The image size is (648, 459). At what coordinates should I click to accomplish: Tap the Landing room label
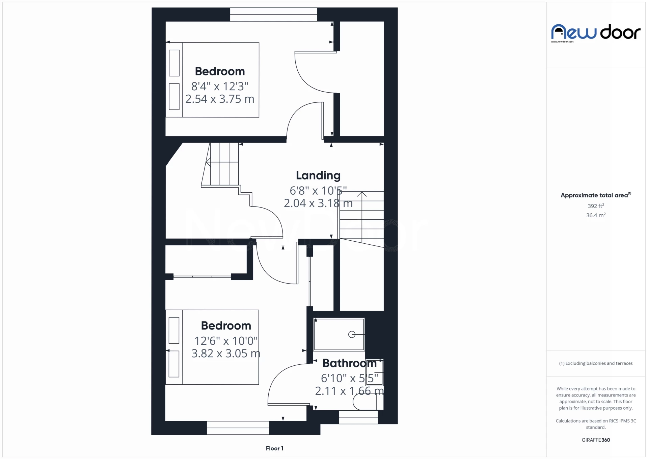318,176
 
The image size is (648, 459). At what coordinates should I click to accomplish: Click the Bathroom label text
349,363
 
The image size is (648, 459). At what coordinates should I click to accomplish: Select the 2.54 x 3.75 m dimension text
220,99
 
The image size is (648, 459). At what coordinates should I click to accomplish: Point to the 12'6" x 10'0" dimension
226,341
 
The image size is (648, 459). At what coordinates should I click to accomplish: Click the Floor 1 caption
274,448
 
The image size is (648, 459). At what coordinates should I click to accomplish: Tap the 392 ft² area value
596,206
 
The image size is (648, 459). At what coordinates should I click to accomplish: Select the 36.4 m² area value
596,215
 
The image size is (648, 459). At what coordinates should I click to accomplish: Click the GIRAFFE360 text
596,440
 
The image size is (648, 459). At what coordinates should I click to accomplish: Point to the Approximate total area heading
596,195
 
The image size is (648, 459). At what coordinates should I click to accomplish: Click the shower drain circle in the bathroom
352,334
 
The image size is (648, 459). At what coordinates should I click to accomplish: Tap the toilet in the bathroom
368,402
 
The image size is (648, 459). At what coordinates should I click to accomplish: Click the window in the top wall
273,15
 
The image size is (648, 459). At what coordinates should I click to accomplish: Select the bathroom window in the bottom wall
358,417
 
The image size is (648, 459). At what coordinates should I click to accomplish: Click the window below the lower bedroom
238,428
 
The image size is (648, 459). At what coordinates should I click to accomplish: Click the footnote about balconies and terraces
596,363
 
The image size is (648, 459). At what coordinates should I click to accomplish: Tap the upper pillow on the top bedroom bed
174,63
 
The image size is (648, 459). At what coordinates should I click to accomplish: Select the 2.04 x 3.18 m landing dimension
318,203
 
